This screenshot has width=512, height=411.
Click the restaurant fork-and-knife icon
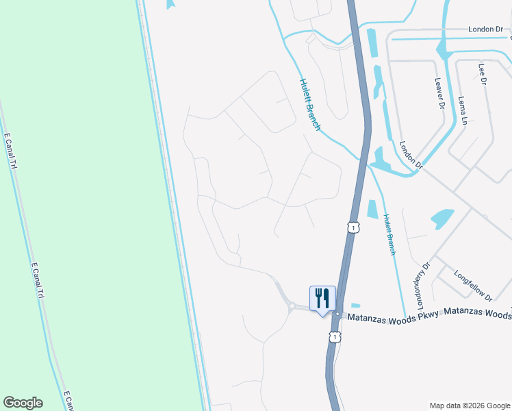tap(322, 298)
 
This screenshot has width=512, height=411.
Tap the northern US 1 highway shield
tap(353, 227)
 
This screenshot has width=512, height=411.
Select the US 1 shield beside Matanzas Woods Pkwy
tap(334, 336)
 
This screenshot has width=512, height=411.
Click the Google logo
tap(23, 403)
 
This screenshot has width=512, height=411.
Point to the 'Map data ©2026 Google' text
tap(470, 405)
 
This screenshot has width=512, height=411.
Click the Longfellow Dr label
tap(474, 286)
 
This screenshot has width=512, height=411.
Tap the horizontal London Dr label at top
tap(485, 29)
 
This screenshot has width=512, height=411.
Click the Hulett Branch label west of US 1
tap(310, 103)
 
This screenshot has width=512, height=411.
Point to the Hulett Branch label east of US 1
tap(389, 235)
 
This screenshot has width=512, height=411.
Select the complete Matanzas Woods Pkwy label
tap(394, 317)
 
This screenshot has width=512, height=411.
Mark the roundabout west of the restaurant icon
tap(292, 307)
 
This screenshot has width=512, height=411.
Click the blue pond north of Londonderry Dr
tap(442, 219)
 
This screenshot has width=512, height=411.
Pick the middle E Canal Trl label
tap(38, 281)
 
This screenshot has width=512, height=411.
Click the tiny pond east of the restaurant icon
tap(355, 306)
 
